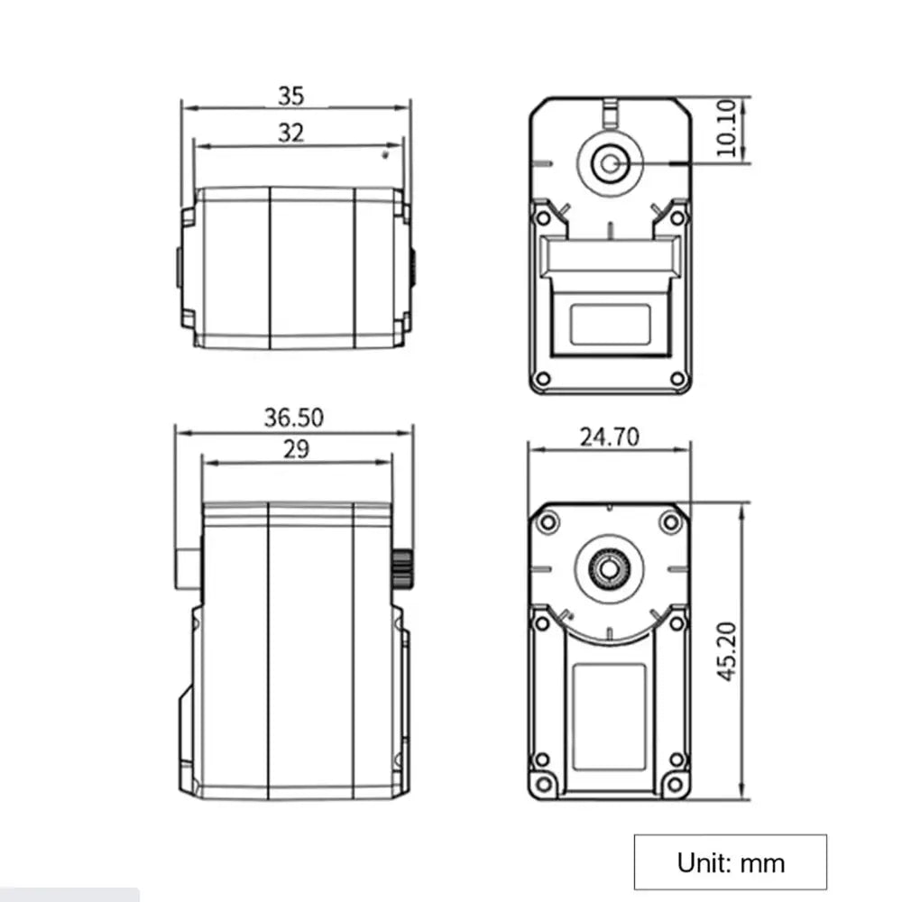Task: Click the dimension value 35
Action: click(290, 97)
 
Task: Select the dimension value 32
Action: click(290, 133)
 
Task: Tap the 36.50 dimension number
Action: click(293, 418)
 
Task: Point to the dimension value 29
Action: click(296, 448)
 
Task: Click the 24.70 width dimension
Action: click(609, 437)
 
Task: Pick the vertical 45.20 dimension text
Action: click(727, 652)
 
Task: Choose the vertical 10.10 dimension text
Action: click(726, 128)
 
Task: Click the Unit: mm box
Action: click(730, 861)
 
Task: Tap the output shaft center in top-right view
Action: click(610, 164)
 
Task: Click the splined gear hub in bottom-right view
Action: click(609, 569)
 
